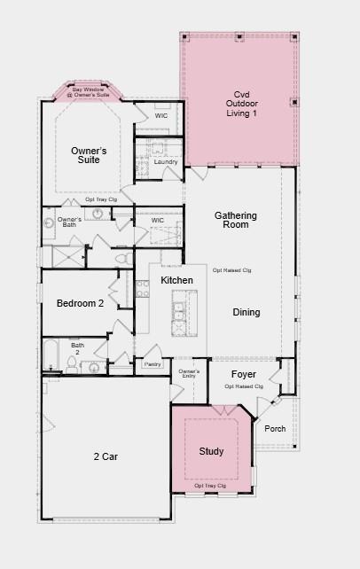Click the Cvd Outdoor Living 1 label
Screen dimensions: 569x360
point(241,104)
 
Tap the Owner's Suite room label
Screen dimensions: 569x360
point(90,155)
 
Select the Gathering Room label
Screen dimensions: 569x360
point(236,220)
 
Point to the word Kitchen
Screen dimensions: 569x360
point(176,280)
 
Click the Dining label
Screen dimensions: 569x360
point(247,312)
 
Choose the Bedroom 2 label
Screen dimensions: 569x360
point(81,303)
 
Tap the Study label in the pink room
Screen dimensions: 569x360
point(212,451)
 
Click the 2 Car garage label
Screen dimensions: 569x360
point(106,456)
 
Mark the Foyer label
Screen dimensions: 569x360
point(244,375)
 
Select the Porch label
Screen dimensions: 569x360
point(275,429)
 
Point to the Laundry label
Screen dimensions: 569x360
point(166,162)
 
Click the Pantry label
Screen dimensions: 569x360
point(153,364)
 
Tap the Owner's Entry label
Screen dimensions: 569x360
point(189,374)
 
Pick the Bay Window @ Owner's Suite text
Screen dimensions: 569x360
point(89,91)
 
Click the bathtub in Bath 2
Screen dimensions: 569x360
point(51,356)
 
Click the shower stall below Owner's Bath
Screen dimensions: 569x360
point(67,256)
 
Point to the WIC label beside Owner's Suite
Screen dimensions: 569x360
point(160,115)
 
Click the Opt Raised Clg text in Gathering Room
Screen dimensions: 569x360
point(232,270)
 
